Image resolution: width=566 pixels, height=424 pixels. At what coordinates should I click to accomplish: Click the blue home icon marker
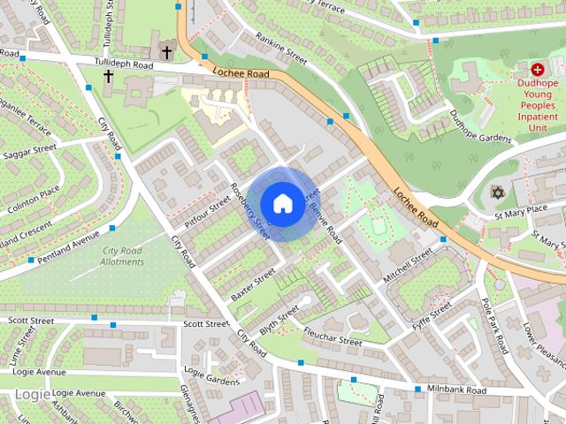click(x=282, y=203)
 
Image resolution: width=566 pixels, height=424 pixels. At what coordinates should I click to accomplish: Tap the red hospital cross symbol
click(x=537, y=68)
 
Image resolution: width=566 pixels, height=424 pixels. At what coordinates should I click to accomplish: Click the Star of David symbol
click(x=495, y=192)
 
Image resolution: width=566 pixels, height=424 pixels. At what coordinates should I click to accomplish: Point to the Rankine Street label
click(x=280, y=49)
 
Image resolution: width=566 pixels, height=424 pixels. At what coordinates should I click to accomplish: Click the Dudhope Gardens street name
click(x=480, y=126)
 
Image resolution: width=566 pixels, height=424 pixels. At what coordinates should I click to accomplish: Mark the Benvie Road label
click(x=325, y=223)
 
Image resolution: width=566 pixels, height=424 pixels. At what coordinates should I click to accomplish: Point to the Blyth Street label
click(x=279, y=321)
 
